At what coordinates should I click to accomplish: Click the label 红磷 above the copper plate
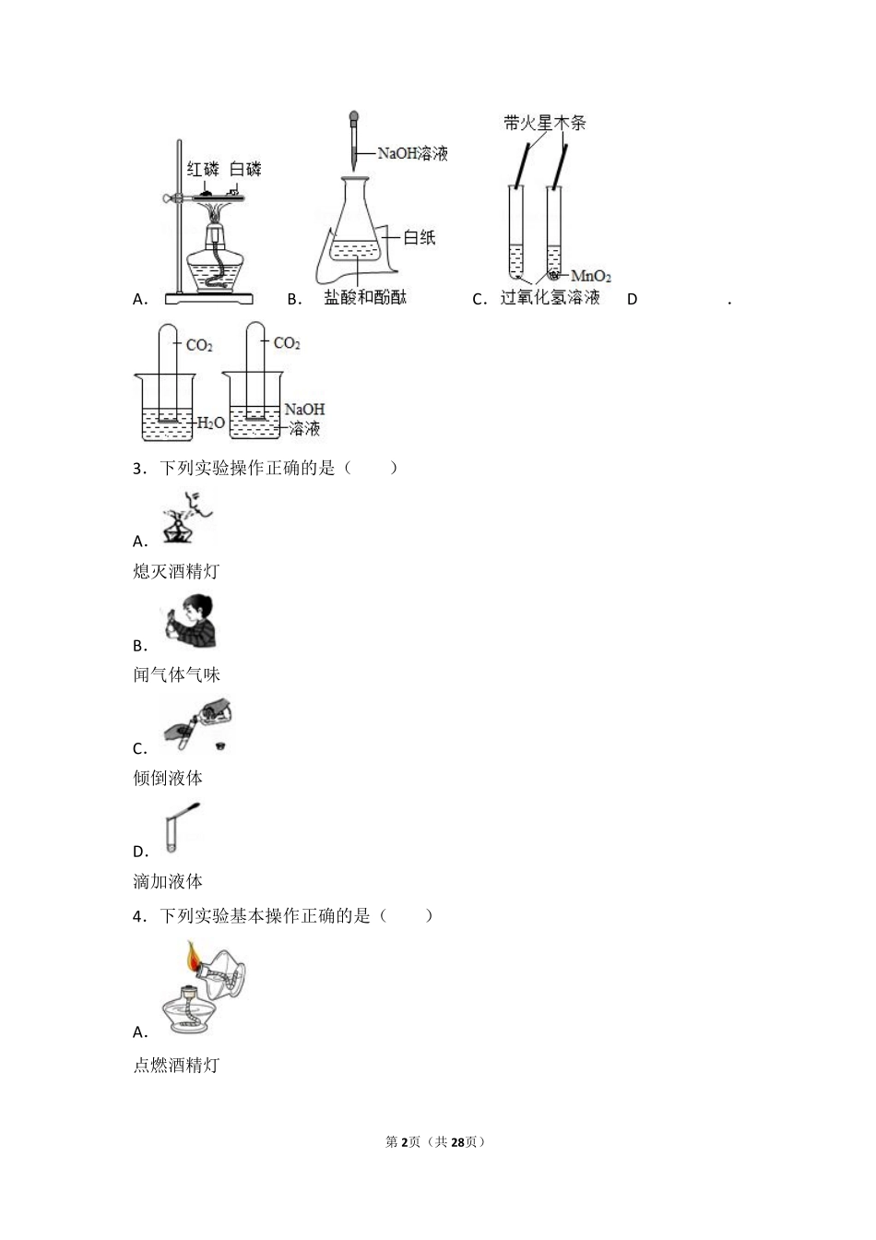(204, 169)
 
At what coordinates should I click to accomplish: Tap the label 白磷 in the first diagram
(245, 169)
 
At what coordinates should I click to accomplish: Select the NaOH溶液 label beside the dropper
(412, 154)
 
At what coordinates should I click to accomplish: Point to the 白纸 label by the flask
(420, 237)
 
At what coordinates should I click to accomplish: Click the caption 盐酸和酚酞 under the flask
(365, 297)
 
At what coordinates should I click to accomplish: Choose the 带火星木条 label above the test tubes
(545, 123)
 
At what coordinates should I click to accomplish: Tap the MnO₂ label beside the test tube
(591, 276)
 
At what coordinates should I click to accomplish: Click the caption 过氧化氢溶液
(550, 297)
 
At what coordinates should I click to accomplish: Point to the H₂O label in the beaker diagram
(211, 423)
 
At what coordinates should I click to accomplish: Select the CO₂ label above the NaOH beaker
(287, 343)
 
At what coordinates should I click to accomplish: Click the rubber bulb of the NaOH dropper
(353, 119)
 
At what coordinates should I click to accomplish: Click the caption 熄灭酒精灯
(176, 571)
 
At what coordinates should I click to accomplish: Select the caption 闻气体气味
(176, 674)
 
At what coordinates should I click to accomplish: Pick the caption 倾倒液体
(168, 778)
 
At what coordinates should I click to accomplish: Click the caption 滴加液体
(168, 881)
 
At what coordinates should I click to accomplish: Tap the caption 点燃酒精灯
(176, 1065)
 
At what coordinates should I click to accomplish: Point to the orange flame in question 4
(194, 956)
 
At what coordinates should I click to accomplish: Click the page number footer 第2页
(403, 1141)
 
